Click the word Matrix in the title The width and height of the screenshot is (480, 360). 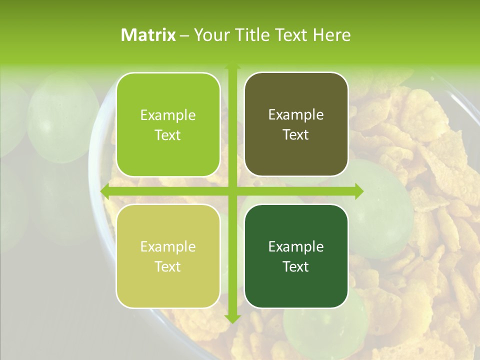pyautogui.click(x=148, y=35)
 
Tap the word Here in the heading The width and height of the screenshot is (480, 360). pyautogui.click(x=331, y=35)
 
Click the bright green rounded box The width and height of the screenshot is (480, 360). pyautogui.click(x=168, y=124)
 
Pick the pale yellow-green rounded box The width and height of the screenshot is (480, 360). pyautogui.click(x=168, y=256)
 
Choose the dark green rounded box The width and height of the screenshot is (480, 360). pyautogui.click(x=296, y=256)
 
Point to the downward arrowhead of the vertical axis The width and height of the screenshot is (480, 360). pyautogui.click(x=232, y=318)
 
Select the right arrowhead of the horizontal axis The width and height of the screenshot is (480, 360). pyautogui.click(x=359, y=191)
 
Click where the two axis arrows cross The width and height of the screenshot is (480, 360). pyautogui.click(x=232, y=191)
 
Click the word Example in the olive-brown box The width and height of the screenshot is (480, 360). pyautogui.click(x=296, y=114)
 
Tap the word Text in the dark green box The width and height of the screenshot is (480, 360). pyautogui.click(x=296, y=266)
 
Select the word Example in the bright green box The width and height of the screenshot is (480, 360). pyautogui.click(x=168, y=115)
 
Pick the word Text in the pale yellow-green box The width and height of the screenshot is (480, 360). pyautogui.click(x=168, y=266)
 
